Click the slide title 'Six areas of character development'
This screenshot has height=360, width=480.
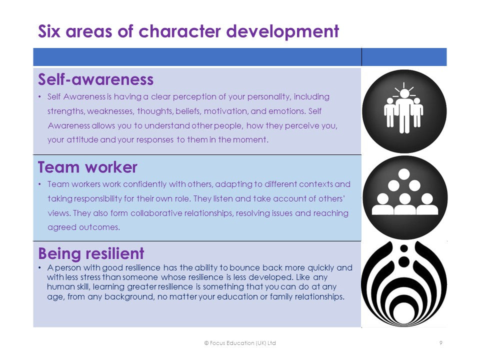pyautogui.click(x=188, y=31)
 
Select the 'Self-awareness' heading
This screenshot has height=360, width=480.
pyautogui.click(x=95, y=79)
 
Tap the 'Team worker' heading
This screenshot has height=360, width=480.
pyautogui.click(x=87, y=167)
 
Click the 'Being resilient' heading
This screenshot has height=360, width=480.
pyautogui.click(x=91, y=253)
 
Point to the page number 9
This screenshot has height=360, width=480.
pyautogui.click(x=441, y=343)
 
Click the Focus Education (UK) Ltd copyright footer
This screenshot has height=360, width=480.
pyautogui.click(x=240, y=343)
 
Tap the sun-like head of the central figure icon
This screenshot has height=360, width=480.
pyautogui.click(x=404, y=93)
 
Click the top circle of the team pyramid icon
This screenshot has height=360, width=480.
pyautogui.click(x=404, y=174)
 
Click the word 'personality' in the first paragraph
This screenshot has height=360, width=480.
pyautogui.click(x=268, y=97)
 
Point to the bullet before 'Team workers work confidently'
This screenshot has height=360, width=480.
pyautogui.click(x=40, y=184)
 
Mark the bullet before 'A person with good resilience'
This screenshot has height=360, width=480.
pyautogui.click(x=40, y=268)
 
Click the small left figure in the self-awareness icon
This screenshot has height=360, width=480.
pyautogui.click(x=390, y=112)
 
